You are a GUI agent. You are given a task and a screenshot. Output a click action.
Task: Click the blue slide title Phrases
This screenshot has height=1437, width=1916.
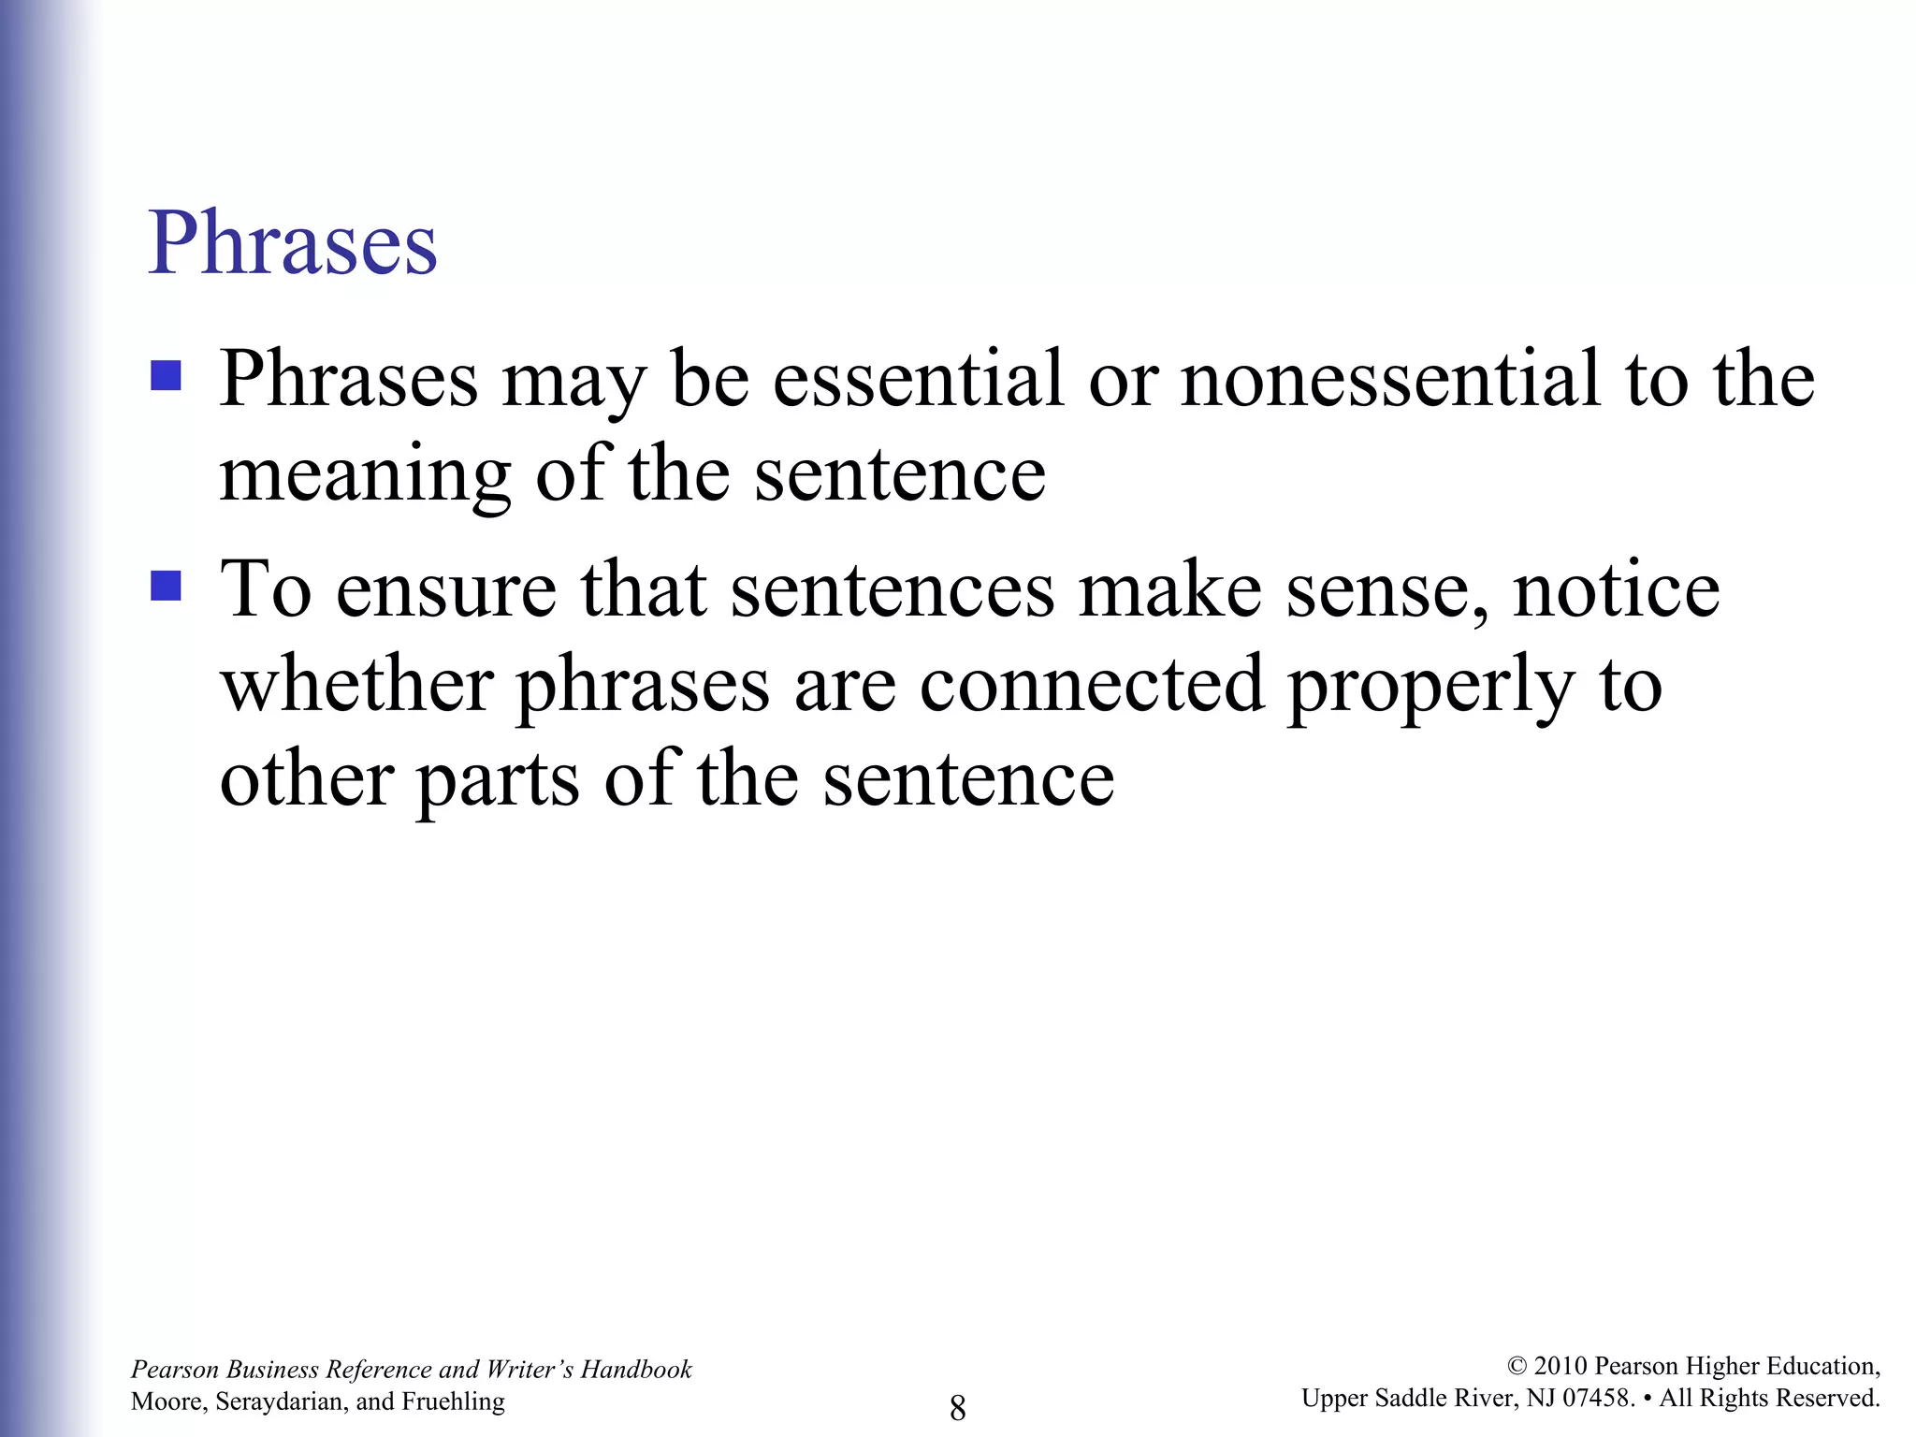pyautogui.click(x=292, y=244)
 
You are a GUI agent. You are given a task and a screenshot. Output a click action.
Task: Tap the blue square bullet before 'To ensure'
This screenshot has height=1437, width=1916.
pyautogui.click(x=166, y=587)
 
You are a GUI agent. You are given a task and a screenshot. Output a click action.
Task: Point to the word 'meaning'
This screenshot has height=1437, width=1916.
pyautogui.click(x=365, y=475)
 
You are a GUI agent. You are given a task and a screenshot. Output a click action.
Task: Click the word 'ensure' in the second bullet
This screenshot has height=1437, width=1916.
pyautogui.click(x=446, y=590)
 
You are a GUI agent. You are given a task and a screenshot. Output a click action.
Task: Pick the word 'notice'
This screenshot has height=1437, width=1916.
pyautogui.click(x=1616, y=590)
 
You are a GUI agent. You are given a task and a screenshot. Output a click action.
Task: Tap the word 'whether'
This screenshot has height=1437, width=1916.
pyautogui.click(x=357, y=685)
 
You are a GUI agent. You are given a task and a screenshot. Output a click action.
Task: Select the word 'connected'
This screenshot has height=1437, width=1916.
pyautogui.click(x=1092, y=685)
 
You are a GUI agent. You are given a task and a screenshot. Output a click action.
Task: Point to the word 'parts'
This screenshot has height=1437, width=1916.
pyautogui.click(x=498, y=781)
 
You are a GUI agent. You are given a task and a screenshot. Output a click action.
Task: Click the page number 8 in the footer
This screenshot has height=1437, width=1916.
pyautogui.click(x=957, y=1407)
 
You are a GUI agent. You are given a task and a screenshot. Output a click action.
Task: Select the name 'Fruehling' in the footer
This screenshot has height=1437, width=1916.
pyautogui.click(x=453, y=1401)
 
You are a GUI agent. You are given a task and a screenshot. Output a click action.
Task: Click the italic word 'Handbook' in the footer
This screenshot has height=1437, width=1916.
pyautogui.click(x=636, y=1370)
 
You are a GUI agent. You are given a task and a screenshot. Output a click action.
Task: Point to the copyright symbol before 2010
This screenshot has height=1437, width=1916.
pyautogui.click(x=1517, y=1367)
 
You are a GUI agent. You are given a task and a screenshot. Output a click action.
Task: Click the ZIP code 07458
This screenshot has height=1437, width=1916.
pyautogui.click(x=1599, y=1398)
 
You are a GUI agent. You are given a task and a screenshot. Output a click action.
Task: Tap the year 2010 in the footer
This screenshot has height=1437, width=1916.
pyautogui.click(x=1560, y=1366)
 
